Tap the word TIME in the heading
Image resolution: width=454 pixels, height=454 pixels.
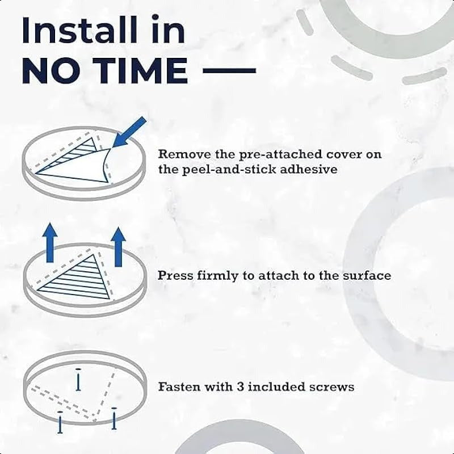click(x=140, y=70)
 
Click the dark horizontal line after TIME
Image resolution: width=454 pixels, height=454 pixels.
click(x=229, y=70)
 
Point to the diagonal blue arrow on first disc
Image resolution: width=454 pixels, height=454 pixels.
click(x=129, y=132)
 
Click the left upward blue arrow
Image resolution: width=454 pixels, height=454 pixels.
click(x=50, y=243)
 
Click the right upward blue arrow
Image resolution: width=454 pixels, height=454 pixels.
click(x=118, y=247)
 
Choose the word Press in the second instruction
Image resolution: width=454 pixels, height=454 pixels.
click(x=175, y=275)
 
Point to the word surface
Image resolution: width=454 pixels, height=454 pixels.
click(x=367, y=275)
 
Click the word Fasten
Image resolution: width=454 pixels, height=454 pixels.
click(x=179, y=387)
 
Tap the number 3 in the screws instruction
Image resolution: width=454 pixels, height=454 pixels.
click(x=240, y=387)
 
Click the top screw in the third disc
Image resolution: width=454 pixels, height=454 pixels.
click(x=78, y=379)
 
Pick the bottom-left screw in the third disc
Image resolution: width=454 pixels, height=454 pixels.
click(x=60, y=422)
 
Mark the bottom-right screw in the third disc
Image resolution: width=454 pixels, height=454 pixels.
click(x=114, y=418)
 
